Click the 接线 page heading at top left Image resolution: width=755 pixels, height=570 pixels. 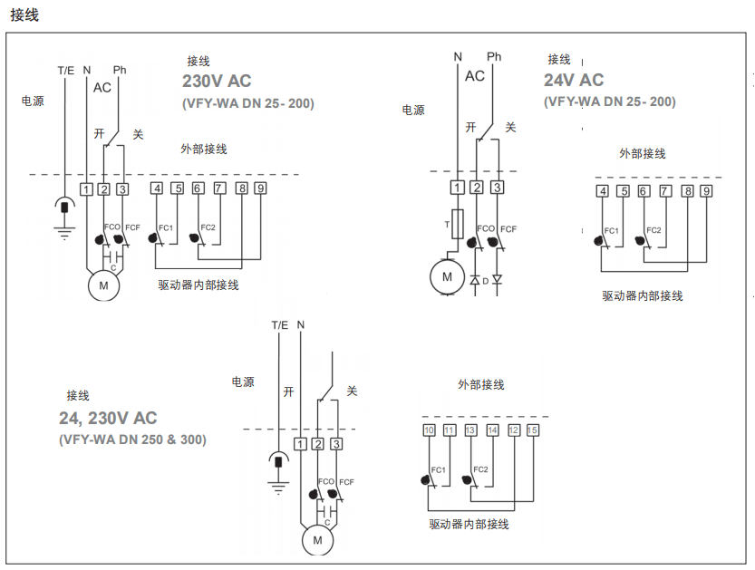24,15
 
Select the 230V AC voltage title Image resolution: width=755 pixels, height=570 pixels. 217,82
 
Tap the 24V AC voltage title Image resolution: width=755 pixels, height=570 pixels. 574,81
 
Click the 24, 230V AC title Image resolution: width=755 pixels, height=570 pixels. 108,418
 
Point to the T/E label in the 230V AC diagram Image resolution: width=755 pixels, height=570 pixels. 66,70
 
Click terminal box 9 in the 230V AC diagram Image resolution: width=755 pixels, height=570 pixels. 260,188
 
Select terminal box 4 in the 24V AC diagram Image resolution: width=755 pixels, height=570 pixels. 603,191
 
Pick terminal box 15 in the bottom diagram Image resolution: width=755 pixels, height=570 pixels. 532,430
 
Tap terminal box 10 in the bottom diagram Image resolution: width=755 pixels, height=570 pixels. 430,430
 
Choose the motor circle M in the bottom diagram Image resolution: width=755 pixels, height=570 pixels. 317,540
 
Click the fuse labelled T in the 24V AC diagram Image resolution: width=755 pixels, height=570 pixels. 458,222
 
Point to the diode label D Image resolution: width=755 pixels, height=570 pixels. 486,281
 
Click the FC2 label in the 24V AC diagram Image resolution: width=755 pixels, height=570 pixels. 654,230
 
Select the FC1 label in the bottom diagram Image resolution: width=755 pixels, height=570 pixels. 439,469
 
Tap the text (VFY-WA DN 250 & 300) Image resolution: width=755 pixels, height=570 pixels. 133,440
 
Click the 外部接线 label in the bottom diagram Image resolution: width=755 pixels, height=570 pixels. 481,385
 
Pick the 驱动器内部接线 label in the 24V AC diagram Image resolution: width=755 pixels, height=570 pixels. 643,295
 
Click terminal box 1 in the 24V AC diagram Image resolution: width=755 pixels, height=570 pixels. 458,188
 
